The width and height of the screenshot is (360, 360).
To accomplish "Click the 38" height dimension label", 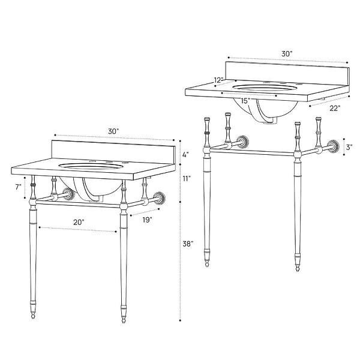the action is click(x=188, y=244).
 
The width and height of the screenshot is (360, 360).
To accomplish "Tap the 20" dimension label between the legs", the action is click(x=79, y=222).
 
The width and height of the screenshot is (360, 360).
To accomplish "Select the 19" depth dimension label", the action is click(x=147, y=220).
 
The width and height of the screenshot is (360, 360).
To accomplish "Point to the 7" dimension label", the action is click(x=18, y=187).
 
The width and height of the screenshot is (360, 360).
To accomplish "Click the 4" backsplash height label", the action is click(x=186, y=155).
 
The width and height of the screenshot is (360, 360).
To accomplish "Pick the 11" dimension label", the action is click(x=187, y=178).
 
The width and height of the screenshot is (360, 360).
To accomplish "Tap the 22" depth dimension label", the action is click(x=335, y=108).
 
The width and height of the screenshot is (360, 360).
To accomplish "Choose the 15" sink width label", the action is click(x=245, y=101).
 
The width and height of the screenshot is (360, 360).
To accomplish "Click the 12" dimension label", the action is click(x=218, y=80).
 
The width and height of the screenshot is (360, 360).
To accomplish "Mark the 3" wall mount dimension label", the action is click(x=349, y=147).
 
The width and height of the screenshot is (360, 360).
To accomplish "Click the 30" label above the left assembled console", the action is click(x=113, y=131).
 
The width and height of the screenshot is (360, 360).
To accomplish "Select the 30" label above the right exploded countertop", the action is click(x=287, y=54).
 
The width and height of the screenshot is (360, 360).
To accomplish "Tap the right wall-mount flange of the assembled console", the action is click(x=160, y=197).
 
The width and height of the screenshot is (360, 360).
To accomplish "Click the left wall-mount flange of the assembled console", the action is click(x=69, y=193).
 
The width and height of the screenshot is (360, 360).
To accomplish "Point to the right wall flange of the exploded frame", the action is click(x=334, y=145).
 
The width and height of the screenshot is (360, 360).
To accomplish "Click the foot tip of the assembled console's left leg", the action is click(x=34, y=318).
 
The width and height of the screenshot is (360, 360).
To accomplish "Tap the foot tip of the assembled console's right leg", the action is click(x=124, y=322).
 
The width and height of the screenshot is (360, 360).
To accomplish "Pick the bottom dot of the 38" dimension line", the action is click(x=180, y=320).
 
